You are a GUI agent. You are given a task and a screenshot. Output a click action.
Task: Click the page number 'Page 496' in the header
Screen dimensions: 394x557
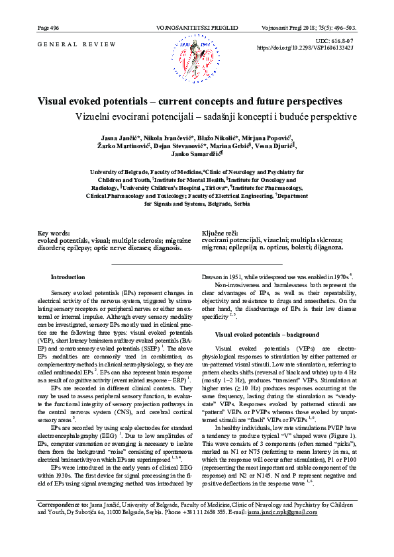coord(48,28)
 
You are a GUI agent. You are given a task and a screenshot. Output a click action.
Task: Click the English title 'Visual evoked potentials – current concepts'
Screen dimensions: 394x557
coord(190,102)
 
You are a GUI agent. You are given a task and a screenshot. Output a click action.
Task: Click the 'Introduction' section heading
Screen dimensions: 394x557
coord(68,277)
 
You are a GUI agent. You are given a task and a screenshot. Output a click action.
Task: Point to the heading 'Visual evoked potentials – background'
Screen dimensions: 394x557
coord(267,335)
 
